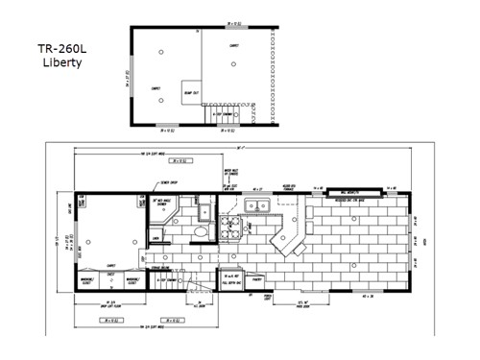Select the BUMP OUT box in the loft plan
[191, 91]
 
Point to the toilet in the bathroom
[198, 233]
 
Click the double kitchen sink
[255, 208]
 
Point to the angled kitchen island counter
[288, 240]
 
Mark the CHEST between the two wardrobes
[112, 276]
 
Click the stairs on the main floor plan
[171, 283]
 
